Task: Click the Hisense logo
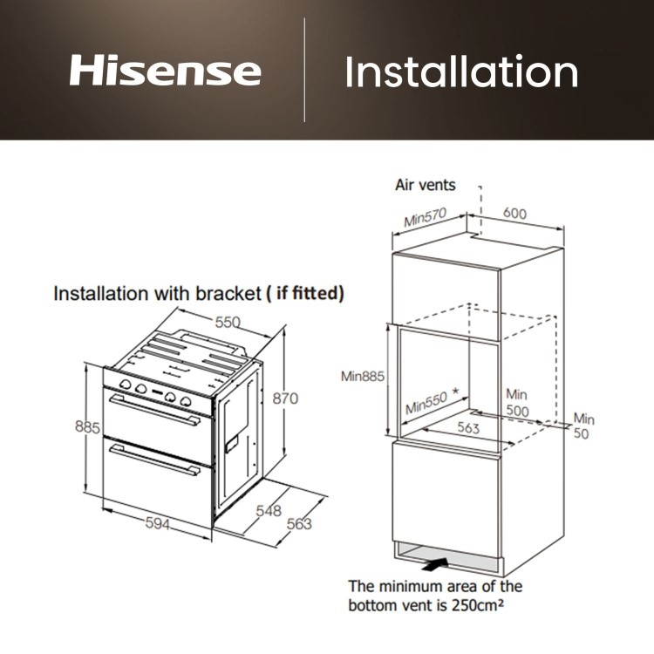pyautogui.click(x=165, y=72)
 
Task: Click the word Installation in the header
pyautogui.click(x=461, y=72)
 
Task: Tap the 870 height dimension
pyautogui.click(x=284, y=399)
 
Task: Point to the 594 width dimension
pyautogui.click(x=156, y=524)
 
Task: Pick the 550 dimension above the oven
pyautogui.click(x=228, y=323)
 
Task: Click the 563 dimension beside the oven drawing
pyautogui.click(x=298, y=524)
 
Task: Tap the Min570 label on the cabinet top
pyautogui.click(x=425, y=218)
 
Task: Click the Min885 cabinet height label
pyautogui.click(x=363, y=376)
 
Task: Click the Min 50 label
pyautogui.click(x=582, y=426)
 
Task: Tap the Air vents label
pyautogui.click(x=426, y=186)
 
